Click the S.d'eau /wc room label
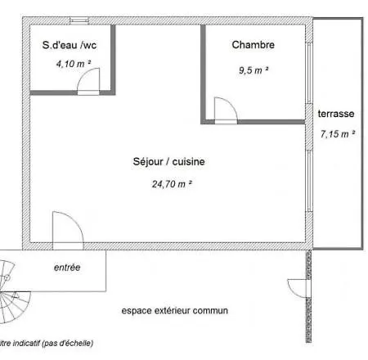pos(69,45)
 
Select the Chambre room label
pos(253,45)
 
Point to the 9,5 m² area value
pos(254,70)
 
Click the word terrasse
pos(336,115)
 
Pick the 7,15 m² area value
pos(336,133)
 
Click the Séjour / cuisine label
pos(168,162)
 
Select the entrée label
pos(67,268)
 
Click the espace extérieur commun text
pos(174,311)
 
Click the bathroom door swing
pos(89,79)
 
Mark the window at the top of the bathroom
pos(79,20)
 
